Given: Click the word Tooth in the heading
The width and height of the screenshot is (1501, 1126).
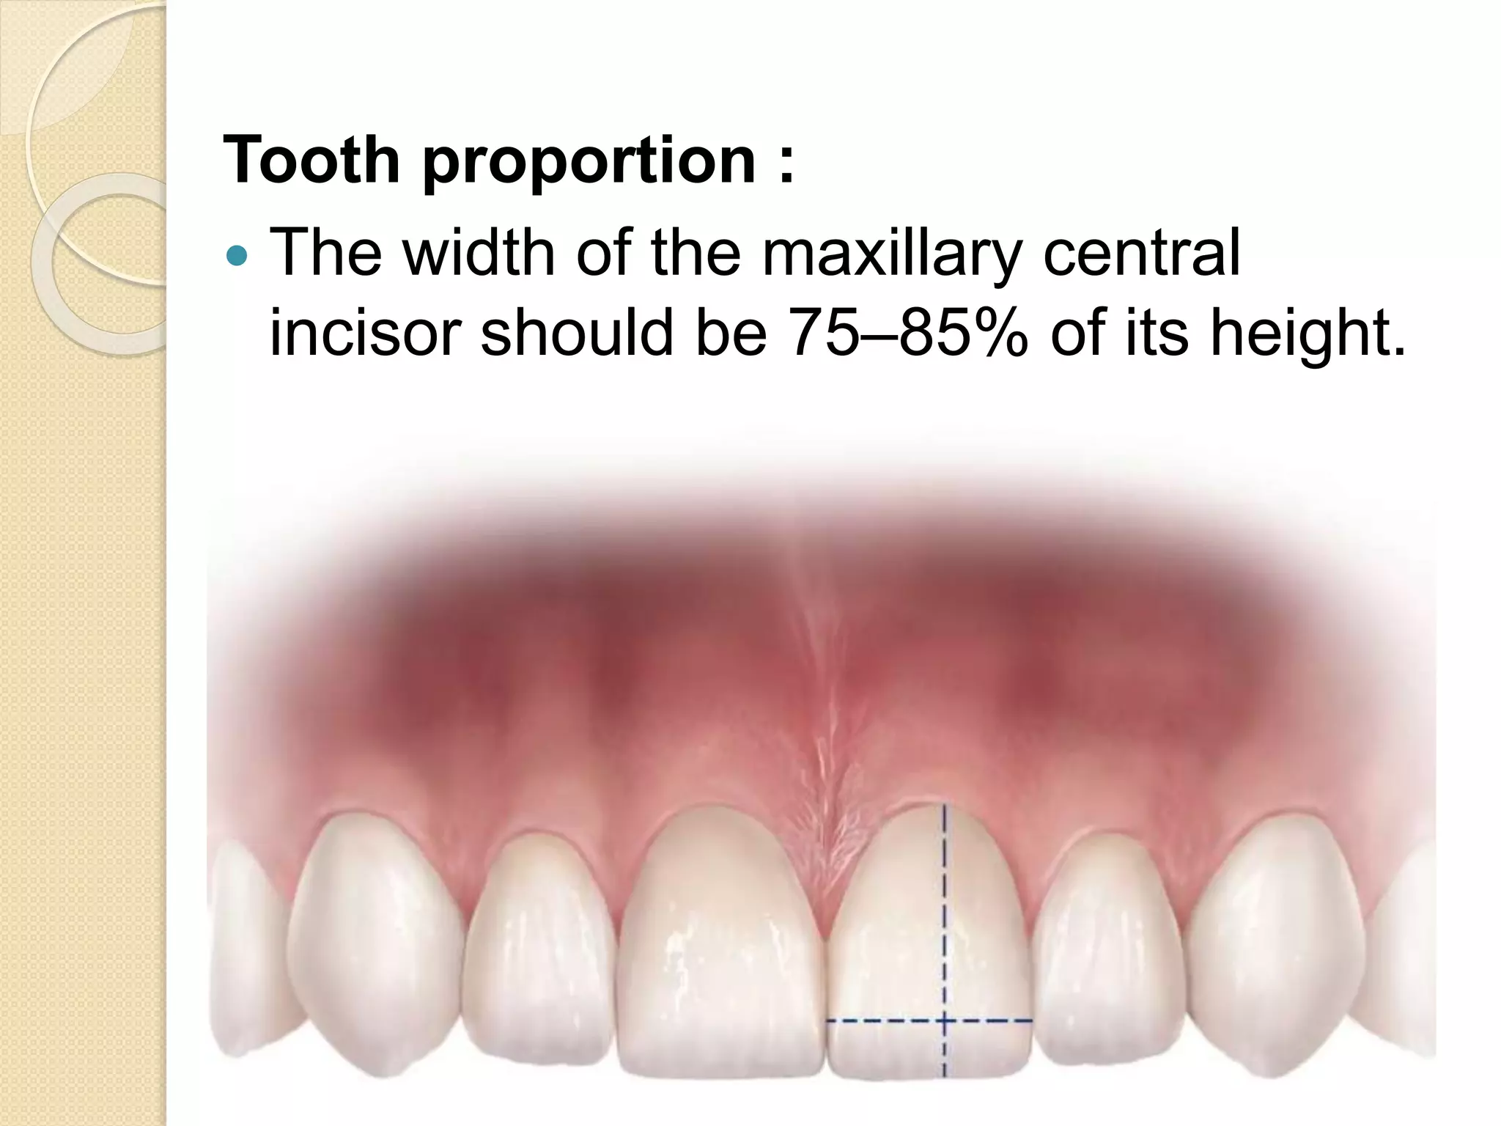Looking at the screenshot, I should (311, 159).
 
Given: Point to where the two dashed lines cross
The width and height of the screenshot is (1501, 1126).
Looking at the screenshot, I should (944, 1020).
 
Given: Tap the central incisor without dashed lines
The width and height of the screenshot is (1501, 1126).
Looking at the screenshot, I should (722, 953).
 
